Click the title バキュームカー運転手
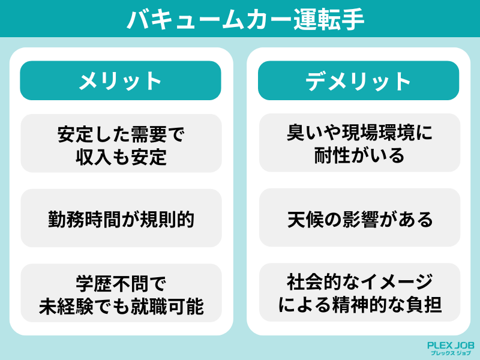click(x=245, y=20)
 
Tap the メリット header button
click(x=121, y=80)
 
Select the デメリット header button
click(x=358, y=80)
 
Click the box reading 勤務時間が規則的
click(x=121, y=218)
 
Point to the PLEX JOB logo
click(x=451, y=349)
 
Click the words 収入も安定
click(x=121, y=157)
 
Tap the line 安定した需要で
click(x=121, y=134)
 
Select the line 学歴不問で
click(x=121, y=284)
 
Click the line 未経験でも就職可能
click(x=121, y=306)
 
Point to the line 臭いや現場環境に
click(x=359, y=133)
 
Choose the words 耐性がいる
click(x=359, y=155)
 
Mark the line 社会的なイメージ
click(x=359, y=282)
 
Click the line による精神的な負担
click(x=359, y=305)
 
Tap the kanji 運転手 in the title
click(x=329, y=20)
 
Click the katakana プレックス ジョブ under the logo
click(x=451, y=353)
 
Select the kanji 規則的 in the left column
click(x=167, y=219)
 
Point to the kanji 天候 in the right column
click(x=305, y=219)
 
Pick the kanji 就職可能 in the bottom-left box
click(x=167, y=306)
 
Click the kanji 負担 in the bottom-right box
click(x=424, y=305)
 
